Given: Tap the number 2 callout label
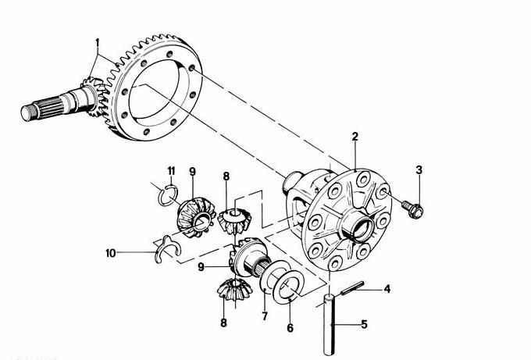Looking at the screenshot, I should (x=355, y=137).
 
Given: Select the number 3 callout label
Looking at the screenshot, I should (x=419, y=169).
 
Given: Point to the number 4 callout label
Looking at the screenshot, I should (x=386, y=290).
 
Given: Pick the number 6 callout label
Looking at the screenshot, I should (x=290, y=328).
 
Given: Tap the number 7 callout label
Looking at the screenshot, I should (x=264, y=316).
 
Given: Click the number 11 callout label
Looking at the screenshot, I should (x=171, y=171).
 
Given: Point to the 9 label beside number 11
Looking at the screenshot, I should (x=192, y=172).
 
